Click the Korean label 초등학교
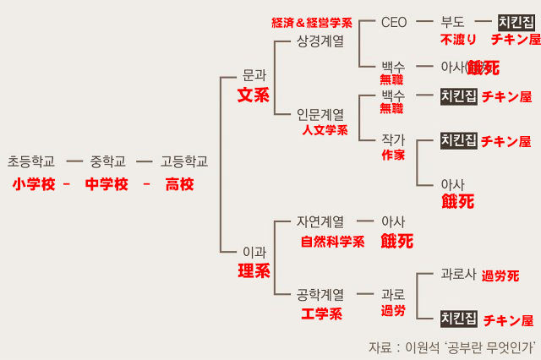[x=30, y=161]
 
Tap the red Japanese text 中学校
[x=107, y=184]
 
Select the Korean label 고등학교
[x=184, y=161]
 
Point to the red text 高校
[x=179, y=184]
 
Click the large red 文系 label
[x=254, y=95]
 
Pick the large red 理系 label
[x=254, y=271]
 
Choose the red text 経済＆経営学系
[x=312, y=22]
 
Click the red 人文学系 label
[x=325, y=130]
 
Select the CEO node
[x=394, y=23]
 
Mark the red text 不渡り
[x=459, y=40]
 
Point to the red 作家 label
[x=393, y=155]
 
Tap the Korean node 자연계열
[x=320, y=222]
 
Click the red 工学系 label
[x=321, y=314]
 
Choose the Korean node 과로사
[x=459, y=275]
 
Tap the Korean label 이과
[x=254, y=251]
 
